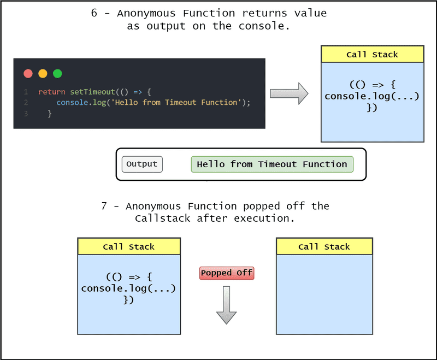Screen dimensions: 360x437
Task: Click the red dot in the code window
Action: point(28,73)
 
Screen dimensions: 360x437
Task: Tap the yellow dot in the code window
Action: point(43,73)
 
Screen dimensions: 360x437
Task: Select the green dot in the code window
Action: point(57,73)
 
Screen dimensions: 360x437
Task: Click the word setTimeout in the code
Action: point(91,92)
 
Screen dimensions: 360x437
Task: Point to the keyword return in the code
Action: point(52,92)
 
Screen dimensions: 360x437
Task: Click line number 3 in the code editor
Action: point(26,114)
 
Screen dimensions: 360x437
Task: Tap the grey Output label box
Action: point(142,164)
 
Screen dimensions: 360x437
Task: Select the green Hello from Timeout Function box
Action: point(272,164)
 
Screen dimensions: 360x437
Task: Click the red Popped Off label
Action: point(227,273)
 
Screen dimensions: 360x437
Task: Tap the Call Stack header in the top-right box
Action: point(372,55)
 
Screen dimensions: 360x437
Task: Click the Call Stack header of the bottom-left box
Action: point(129,247)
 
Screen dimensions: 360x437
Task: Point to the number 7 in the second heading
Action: point(104,206)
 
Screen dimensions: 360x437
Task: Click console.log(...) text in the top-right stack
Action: point(372,96)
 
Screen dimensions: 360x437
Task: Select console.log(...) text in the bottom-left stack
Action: point(129,288)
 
